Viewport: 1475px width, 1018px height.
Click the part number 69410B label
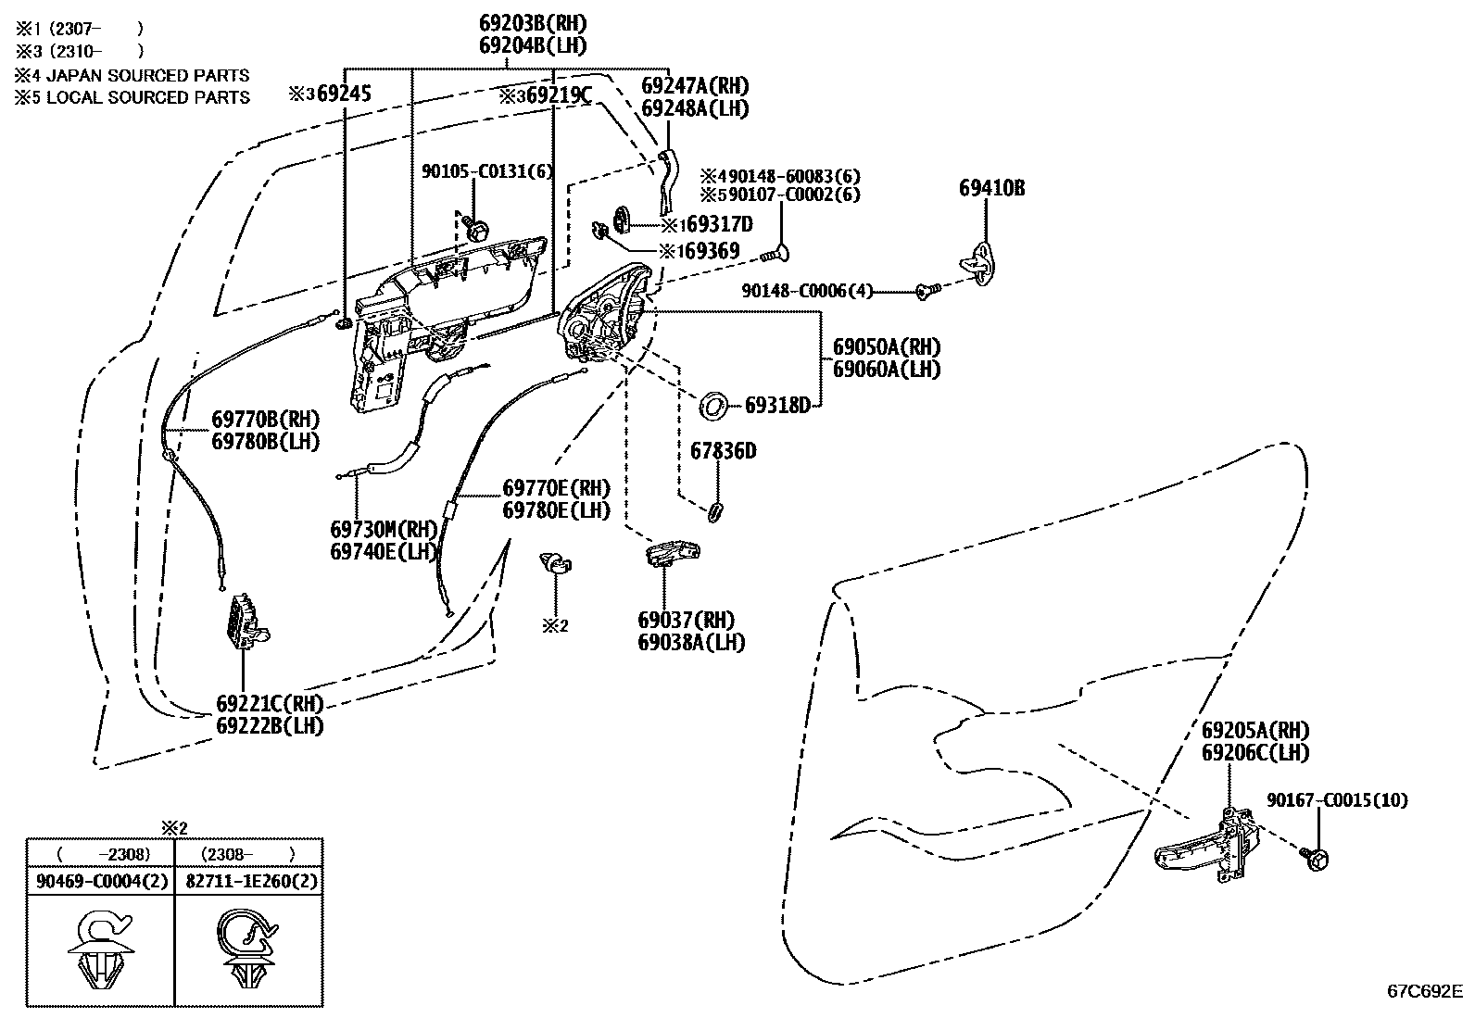[991, 189]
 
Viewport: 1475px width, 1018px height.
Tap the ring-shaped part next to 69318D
[712, 404]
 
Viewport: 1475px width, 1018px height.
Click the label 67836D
[723, 451]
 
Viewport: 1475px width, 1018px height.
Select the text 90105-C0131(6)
[486, 171]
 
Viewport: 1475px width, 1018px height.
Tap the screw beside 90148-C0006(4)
[927, 291]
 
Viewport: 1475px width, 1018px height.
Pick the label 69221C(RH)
[270, 703]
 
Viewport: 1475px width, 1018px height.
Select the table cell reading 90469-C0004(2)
[102, 881]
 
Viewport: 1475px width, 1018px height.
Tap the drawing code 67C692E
[1424, 990]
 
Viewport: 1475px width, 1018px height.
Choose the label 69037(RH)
[686, 620]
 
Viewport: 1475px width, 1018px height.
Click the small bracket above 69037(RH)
[671, 553]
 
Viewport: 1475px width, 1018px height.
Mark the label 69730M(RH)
[383, 529]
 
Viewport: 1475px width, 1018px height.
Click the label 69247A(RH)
[695, 86]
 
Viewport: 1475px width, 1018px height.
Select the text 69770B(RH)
[265, 419]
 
